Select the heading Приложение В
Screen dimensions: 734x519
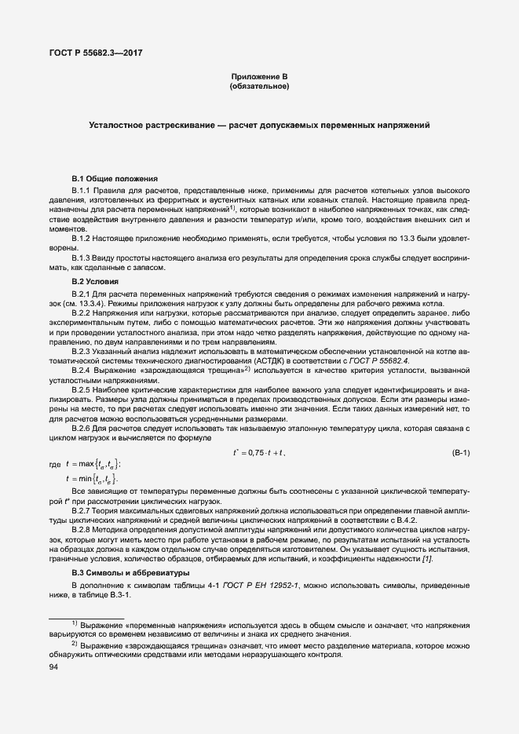click(259, 76)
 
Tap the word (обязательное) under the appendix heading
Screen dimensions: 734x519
click(259, 86)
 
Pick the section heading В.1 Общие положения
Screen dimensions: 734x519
click(115, 179)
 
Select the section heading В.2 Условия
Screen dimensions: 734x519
click(96, 281)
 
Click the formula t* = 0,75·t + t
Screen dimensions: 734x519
click(259, 453)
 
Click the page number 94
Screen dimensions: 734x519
click(54, 666)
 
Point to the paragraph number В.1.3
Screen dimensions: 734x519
click(82, 257)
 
